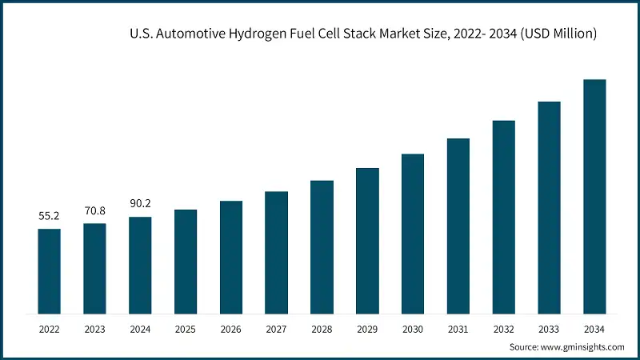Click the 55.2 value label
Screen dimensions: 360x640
[x=49, y=217]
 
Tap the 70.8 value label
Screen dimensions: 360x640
[x=94, y=211]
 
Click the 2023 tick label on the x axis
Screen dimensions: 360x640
[x=94, y=329]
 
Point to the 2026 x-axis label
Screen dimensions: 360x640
[x=231, y=329]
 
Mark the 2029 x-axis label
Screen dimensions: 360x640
[x=367, y=329]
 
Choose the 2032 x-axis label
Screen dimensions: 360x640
[x=503, y=329]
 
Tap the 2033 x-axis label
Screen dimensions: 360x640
[x=549, y=329]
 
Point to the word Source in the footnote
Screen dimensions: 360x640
[x=526, y=347]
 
